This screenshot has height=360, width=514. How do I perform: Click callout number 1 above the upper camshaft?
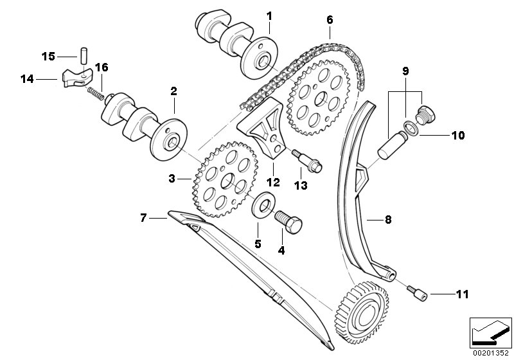(270, 15)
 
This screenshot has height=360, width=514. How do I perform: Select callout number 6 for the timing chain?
(329, 20)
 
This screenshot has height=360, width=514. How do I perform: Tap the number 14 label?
(26, 80)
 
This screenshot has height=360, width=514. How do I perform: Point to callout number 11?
(461, 295)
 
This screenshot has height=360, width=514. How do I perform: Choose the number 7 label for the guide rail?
(144, 219)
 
